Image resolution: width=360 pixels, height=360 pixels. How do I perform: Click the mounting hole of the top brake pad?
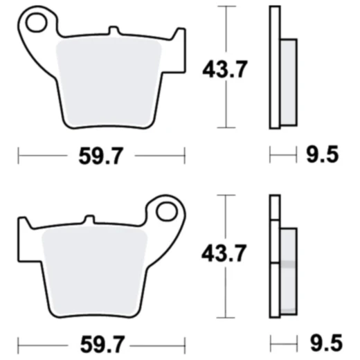(34, 25)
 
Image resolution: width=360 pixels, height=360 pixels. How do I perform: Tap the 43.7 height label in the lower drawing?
(224, 254)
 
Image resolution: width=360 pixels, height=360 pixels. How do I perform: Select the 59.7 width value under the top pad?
(102, 156)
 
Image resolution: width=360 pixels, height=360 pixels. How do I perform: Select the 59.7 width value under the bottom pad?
(102, 342)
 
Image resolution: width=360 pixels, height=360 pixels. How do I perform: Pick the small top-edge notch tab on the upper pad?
(114, 32)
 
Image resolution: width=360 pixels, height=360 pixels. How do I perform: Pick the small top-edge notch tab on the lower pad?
(89, 220)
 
